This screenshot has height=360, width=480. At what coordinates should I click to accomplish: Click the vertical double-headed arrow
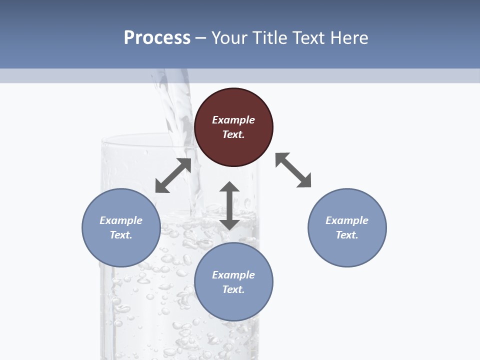coord(229,205)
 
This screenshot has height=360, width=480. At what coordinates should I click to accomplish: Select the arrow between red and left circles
coord(173,175)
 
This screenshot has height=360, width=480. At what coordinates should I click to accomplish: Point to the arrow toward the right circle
coord(293,170)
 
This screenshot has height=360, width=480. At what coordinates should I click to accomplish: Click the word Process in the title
coord(157,37)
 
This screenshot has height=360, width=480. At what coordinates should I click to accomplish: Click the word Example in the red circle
coord(233,120)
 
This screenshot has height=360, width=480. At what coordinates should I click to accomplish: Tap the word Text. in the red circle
coord(233,134)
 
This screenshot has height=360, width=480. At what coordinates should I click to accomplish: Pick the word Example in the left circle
coord(121,220)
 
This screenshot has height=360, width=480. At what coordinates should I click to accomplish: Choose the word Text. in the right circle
coord(347,235)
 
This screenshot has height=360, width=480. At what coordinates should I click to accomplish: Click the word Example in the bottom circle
coord(233,275)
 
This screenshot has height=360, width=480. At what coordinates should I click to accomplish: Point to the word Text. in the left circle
coord(121,235)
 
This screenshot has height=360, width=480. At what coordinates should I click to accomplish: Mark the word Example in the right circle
coord(347,220)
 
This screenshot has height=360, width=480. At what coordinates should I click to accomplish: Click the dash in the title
coord(201,38)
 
